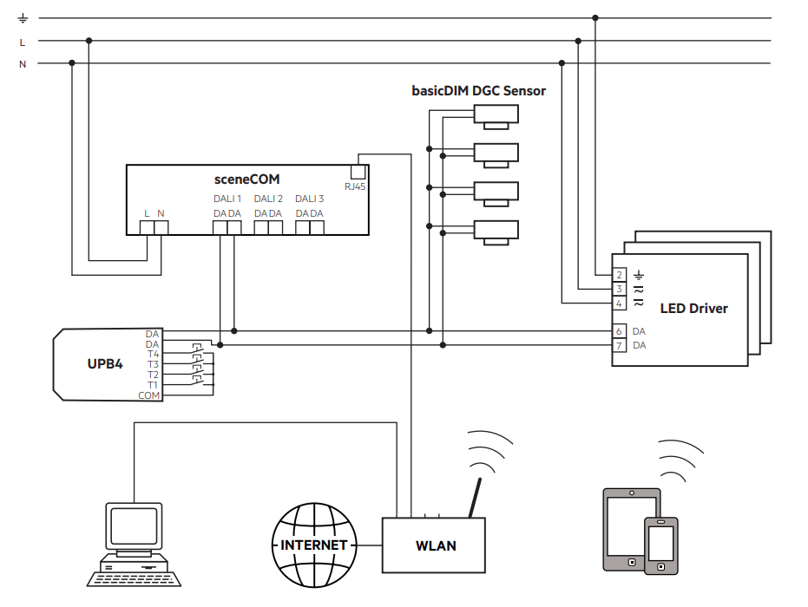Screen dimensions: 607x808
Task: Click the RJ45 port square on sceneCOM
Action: pos(358,171)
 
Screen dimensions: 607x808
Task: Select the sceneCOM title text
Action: pos(246,179)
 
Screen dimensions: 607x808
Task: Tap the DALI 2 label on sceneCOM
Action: pos(268,199)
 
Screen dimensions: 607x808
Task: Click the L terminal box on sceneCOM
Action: pos(148,228)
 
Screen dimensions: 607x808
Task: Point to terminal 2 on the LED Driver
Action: pos(619,275)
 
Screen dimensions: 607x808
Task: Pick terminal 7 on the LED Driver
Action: pos(619,346)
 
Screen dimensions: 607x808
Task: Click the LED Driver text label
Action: pos(693,308)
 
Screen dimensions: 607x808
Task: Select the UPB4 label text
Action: pos(105,364)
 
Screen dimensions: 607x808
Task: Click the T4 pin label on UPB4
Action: pos(153,354)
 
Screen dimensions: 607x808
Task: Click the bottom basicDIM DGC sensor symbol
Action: pos(496,231)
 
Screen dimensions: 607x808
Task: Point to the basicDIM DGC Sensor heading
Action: pos(478,90)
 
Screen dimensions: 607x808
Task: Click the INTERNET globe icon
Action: pos(314,545)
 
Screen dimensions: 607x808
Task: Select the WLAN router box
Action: pos(434,545)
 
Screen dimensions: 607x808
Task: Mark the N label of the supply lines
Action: pos(23,63)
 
